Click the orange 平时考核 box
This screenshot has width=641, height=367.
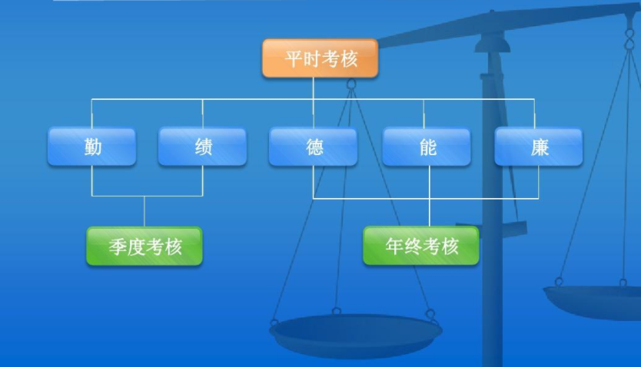tap(320, 58)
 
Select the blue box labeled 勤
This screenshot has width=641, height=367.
tap(92, 147)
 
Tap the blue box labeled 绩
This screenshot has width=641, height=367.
tap(203, 147)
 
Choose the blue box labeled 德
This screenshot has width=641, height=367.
tap(313, 147)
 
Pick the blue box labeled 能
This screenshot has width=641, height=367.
tap(427, 147)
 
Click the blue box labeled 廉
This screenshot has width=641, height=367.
tap(538, 147)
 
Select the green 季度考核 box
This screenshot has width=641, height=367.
tap(144, 246)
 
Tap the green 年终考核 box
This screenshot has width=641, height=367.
tap(421, 246)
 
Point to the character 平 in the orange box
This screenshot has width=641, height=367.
tap(293, 59)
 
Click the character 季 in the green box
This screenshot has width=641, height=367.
tap(117, 247)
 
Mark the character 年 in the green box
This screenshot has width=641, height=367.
tap(394, 246)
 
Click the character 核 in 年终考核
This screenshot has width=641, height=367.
tap(450, 246)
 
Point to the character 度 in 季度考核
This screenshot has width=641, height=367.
tap(135, 247)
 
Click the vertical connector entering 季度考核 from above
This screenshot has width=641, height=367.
tap(144, 211)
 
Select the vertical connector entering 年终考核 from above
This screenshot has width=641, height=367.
tap(429, 213)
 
